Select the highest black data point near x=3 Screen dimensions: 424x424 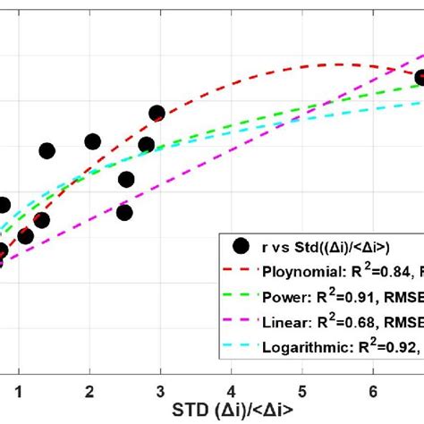pyautogui.click(x=157, y=114)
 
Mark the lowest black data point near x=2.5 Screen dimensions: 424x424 pyautogui.click(x=124, y=213)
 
